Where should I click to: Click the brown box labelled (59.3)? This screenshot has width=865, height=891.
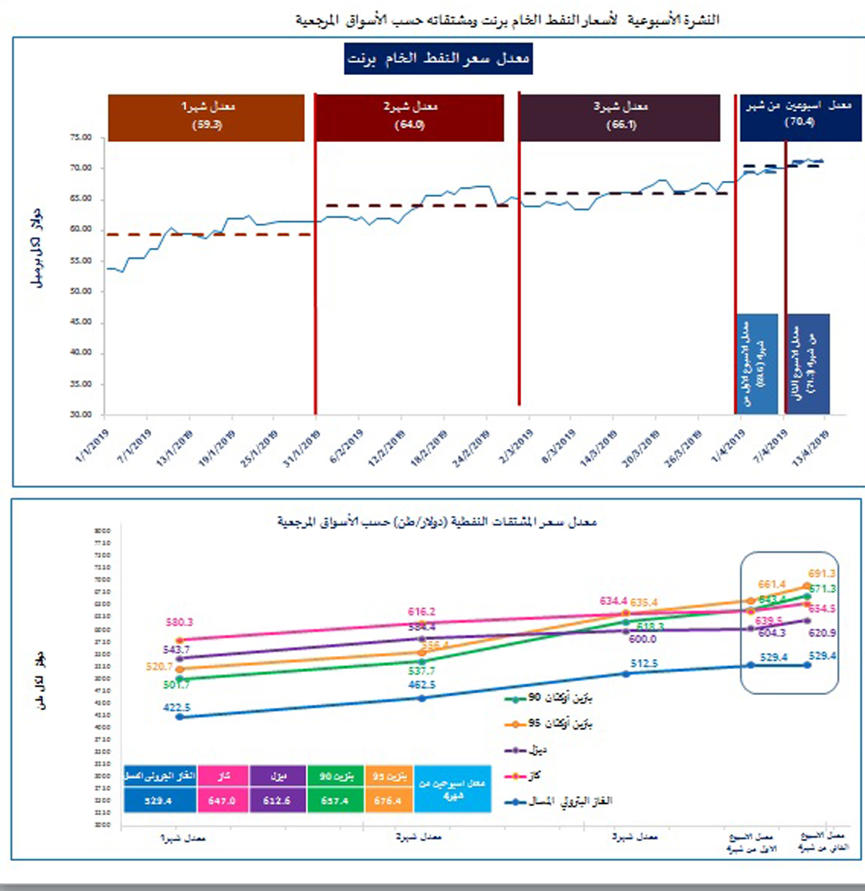(206, 117)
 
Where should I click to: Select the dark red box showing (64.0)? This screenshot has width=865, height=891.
(409, 117)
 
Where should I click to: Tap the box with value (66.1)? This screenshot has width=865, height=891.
(619, 117)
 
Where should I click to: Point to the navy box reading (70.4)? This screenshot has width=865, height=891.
(799, 117)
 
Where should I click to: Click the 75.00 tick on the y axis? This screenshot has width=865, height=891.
(81, 138)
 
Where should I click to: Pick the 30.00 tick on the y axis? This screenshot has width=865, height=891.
(81, 415)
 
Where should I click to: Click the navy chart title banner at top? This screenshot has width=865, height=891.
(438, 58)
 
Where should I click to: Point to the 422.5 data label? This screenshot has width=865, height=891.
(177, 708)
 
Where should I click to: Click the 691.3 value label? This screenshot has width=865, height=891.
(822, 574)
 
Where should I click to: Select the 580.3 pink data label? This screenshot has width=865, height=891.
(179, 622)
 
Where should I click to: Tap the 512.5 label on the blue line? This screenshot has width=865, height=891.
(644, 663)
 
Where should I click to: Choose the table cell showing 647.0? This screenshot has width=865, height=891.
(222, 800)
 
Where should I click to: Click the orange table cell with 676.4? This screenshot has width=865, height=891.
(388, 800)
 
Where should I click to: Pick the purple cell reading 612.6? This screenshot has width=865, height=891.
(278, 800)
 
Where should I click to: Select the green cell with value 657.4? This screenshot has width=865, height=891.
(334, 800)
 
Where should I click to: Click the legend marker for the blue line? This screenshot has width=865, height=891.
(515, 801)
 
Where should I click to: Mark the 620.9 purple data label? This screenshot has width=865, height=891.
(822, 633)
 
